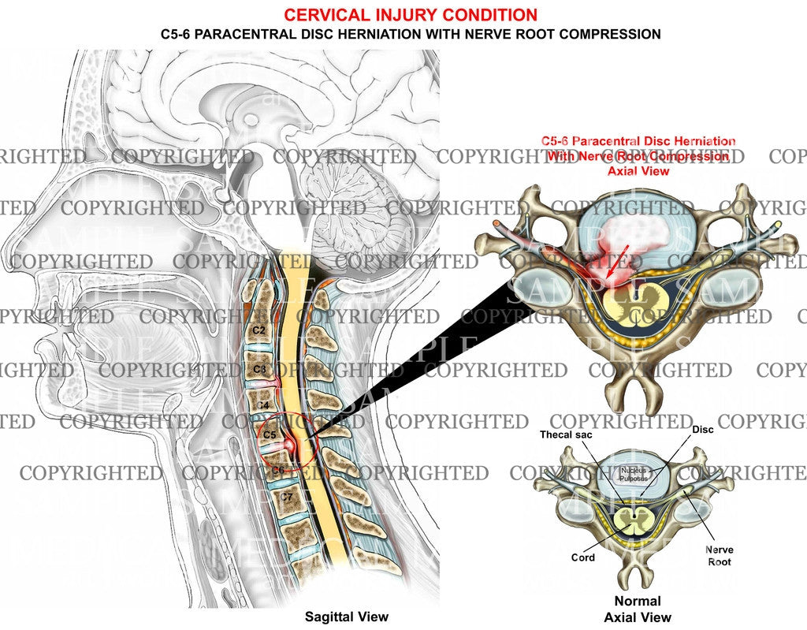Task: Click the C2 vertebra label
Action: (258, 329)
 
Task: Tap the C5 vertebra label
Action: (270, 434)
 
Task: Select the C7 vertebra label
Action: (286, 497)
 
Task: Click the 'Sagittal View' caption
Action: (347, 617)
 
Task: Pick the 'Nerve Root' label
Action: (718, 556)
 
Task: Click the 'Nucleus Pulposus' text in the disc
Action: (632, 474)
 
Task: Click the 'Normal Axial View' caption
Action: (637, 609)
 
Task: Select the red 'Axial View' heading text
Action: (638, 170)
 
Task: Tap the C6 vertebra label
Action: (278, 471)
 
